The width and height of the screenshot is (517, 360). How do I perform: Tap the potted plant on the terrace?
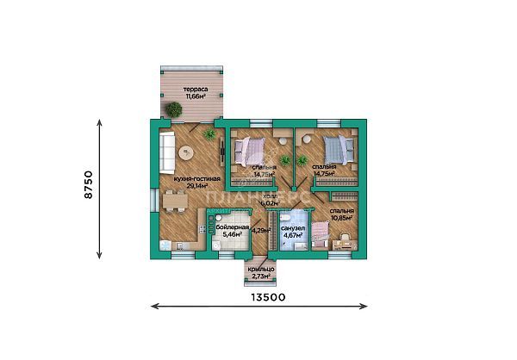[175, 109]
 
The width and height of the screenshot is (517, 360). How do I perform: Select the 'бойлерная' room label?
[233, 226]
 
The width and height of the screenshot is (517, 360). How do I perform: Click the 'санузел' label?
[293, 227]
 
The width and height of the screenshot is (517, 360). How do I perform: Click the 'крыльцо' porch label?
[259, 271]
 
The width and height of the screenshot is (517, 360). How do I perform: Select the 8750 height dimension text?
[88, 186]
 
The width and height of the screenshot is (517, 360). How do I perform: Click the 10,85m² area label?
[341, 216]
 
